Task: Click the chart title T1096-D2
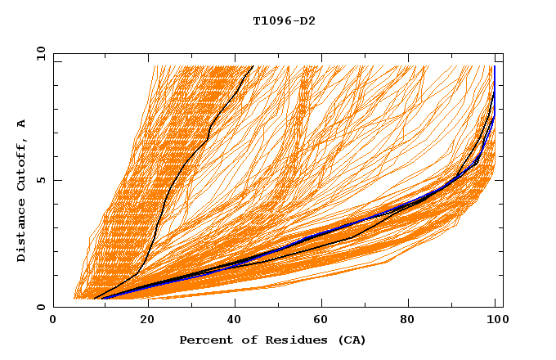pyautogui.click(x=284, y=20)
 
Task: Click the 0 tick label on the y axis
pyautogui.click(x=41, y=308)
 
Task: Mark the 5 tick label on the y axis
pyautogui.click(x=41, y=180)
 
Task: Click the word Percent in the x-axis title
pyautogui.click(x=202, y=340)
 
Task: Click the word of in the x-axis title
pyautogui.click(x=243, y=340)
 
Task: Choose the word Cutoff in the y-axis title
pyautogui.click(x=22, y=163)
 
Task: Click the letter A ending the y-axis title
pyautogui.click(x=22, y=124)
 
